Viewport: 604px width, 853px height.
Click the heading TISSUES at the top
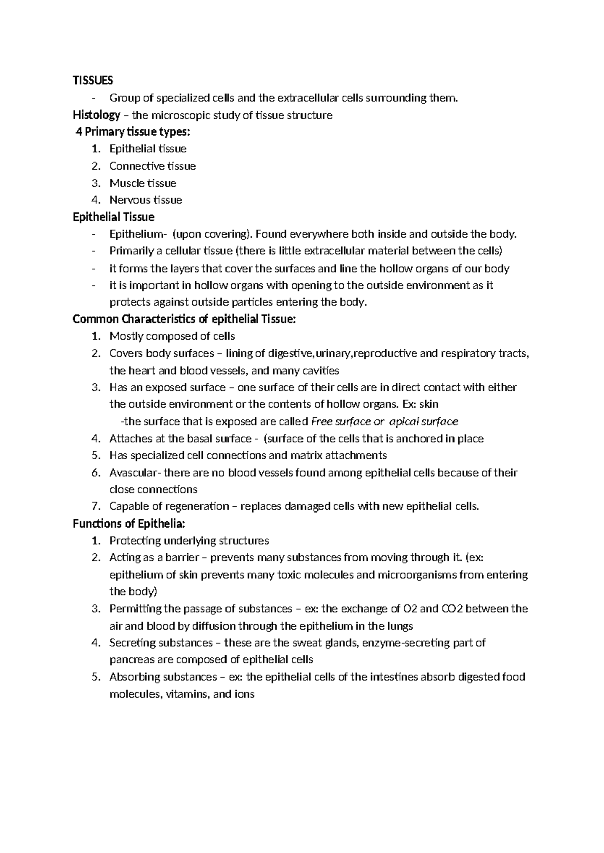93,80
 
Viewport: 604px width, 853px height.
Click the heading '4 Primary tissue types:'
133,132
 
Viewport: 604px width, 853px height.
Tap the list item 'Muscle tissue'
142,183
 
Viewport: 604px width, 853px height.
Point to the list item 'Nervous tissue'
145,200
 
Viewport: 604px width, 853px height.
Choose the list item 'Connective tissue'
153,166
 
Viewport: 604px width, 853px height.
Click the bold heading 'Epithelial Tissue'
114,217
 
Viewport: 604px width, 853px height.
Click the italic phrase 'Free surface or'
348,421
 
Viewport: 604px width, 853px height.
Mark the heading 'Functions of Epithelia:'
129,524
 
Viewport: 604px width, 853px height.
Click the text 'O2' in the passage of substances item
410,609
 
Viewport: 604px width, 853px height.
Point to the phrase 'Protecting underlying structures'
189,541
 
